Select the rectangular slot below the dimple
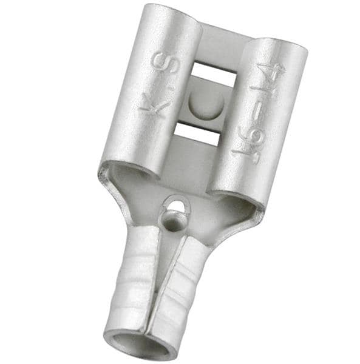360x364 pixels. pyautogui.click(x=195, y=133)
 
